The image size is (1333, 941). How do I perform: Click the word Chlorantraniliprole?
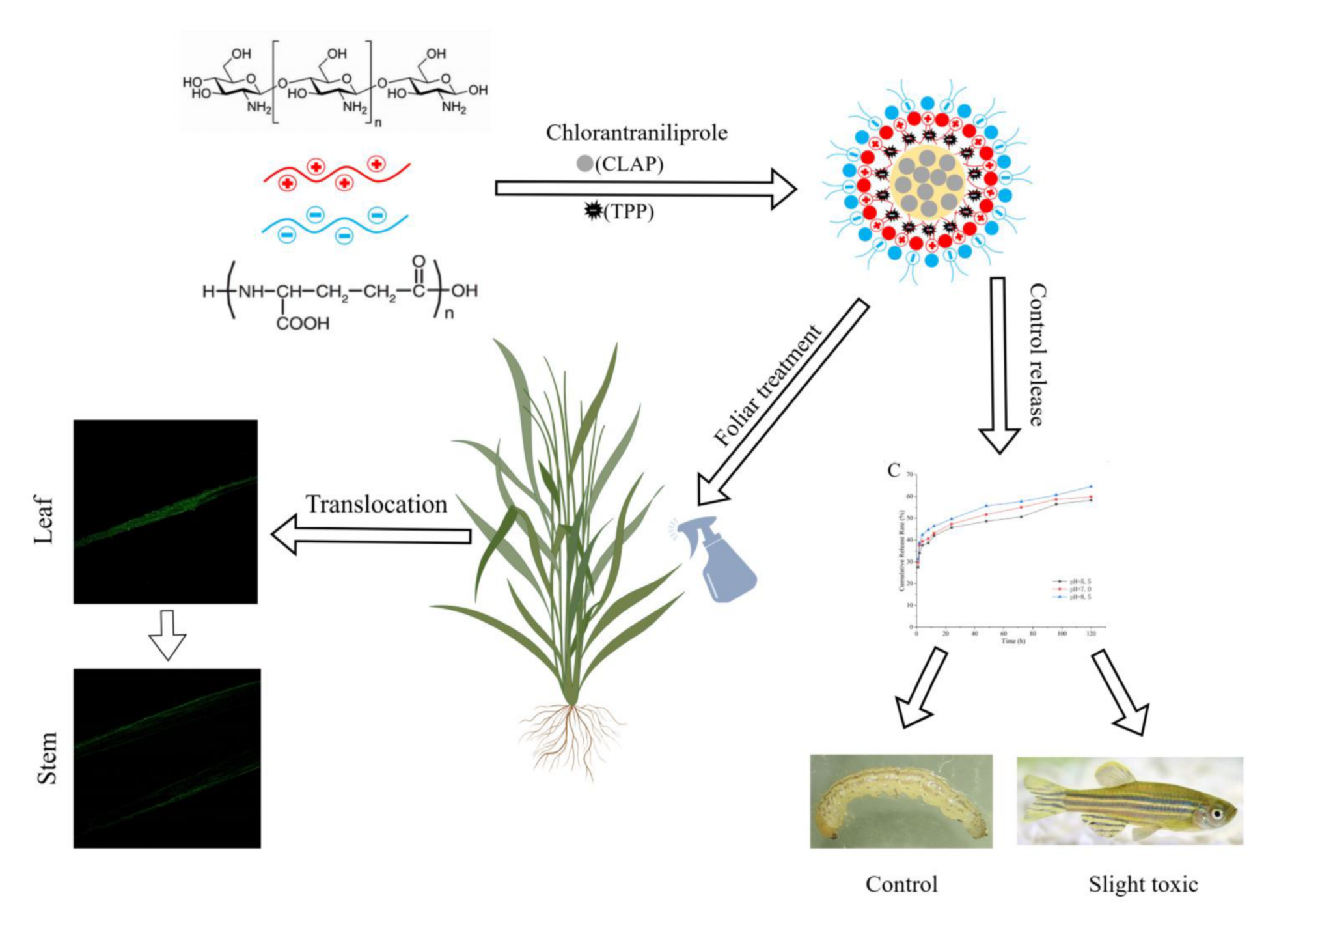(636, 133)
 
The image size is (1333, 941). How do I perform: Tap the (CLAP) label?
(629, 164)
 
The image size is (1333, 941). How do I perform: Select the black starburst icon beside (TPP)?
(592, 210)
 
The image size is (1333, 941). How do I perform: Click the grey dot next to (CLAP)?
(584, 163)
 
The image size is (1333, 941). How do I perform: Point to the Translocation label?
(376, 505)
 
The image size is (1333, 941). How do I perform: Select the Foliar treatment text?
(768, 386)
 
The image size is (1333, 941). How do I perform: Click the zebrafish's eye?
(1216, 814)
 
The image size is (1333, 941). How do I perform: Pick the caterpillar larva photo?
(901, 801)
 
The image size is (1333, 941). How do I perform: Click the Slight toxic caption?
(1143, 884)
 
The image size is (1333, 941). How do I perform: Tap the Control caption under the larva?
(901, 884)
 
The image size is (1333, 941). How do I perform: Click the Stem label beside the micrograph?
(47, 758)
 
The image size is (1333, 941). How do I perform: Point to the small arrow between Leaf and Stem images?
(167, 634)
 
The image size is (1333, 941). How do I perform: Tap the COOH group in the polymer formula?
(303, 324)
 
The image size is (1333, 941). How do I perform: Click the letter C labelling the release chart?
(894, 470)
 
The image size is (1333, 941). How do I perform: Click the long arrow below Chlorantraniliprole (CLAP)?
(644, 188)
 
